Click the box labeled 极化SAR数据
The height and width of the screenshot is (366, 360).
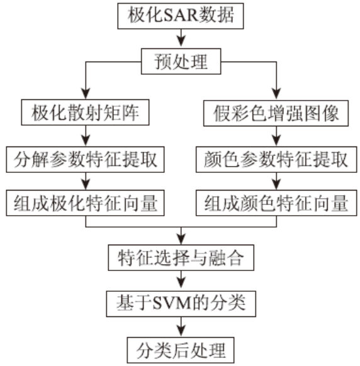(x=181, y=16)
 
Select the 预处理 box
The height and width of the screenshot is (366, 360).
(x=181, y=62)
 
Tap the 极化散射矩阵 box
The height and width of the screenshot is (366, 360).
(x=85, y=113)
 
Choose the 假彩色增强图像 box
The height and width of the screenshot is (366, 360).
(x=276, y=113)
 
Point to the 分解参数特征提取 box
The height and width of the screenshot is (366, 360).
(x=85, y=160)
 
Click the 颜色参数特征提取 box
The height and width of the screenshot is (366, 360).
(x=276, y=160)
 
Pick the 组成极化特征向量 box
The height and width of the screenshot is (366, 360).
(x=85, y=203)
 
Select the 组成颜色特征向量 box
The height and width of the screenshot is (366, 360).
(x=276, y=203)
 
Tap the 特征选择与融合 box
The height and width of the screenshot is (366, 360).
(x=181, y=258)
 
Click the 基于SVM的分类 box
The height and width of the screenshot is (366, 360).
(x=181, y=304)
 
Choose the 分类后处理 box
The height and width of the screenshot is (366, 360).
(x=181, y=350)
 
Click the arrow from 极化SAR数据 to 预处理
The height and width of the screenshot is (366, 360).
(x=181, y=38)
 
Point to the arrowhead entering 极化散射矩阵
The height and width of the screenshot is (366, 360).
(x=86, y=94)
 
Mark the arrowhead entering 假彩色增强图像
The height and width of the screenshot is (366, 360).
(x=276, y=94)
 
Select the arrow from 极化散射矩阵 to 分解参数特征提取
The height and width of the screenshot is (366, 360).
(x=86, y=136)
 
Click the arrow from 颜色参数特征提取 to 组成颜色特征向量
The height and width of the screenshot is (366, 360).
(x=276, y=181)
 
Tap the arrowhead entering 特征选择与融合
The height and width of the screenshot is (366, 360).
(x=181, y=240)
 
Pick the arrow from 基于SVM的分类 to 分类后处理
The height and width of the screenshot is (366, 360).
(x=181, y=327)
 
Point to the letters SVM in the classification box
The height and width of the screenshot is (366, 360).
(x=173, y=303)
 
